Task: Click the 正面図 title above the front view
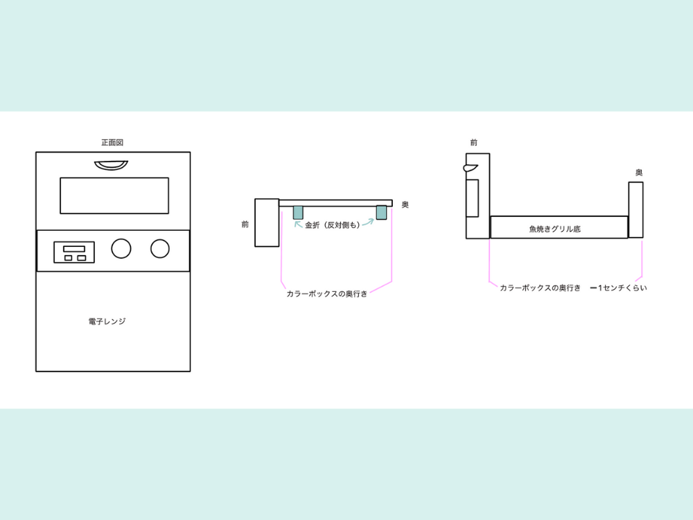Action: point(112,142)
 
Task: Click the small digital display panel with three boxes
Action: point(74,252)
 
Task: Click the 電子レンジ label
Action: point(107,322)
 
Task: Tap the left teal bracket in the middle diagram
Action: point(298,213)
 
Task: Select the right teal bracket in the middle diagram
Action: point(381,212)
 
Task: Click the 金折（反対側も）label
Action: point(333,225)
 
